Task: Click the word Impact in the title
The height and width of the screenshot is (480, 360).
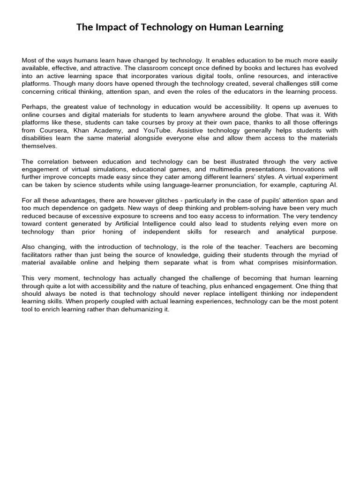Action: tap(111, 27)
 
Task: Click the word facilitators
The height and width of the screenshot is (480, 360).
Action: tap(39, 255)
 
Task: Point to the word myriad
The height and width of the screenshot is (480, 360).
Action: tap(318, 255)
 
